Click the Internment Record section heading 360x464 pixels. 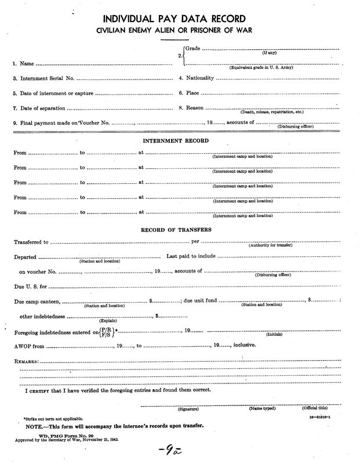click(x=180, y=140)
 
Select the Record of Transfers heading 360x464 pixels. click(x=180, y=230)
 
